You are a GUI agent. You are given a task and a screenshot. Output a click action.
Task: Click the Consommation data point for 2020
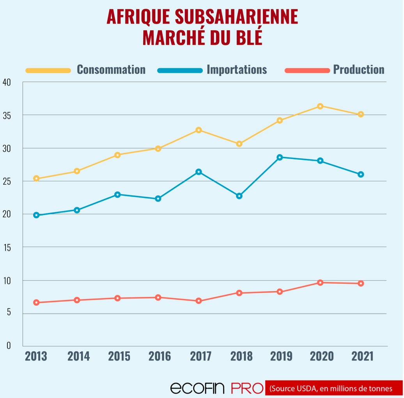pos(320,106)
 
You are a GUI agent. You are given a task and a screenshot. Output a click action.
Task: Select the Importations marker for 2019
pos(280,157)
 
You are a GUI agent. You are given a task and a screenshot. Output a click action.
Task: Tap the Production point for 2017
pos(198,301)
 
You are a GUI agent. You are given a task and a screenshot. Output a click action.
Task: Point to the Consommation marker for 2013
pos(36,179)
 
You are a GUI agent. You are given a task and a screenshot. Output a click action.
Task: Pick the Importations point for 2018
pos(239,196)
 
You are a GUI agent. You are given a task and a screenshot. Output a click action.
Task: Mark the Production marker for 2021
pos(361,283)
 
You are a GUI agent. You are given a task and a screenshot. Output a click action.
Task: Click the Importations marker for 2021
pos(361,174)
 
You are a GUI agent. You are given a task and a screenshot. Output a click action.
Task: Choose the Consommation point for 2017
pos(198,130)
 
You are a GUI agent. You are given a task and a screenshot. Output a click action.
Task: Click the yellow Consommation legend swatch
pos(48,71)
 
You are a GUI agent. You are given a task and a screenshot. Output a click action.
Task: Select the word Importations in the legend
pos(237,70)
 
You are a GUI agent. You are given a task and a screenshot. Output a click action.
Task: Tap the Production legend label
pos(358,70)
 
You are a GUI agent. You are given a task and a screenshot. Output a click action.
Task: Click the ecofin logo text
pos(198,388)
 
